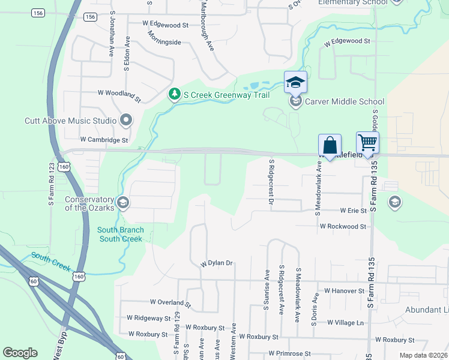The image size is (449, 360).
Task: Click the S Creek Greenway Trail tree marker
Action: coord(174,94)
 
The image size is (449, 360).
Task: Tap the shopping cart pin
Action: coord(367,143)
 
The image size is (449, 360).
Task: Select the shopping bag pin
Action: coord(330,145)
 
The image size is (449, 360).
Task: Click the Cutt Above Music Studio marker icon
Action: coord(126,121)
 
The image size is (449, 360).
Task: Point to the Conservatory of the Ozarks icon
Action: coord(123,202)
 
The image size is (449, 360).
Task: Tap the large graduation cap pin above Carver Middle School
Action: coord(295,82)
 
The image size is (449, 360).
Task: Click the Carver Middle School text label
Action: coord(345,101)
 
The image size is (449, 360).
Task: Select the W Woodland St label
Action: coord(119,95)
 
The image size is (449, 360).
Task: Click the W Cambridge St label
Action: coord(104,140)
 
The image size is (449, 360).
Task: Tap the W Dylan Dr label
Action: coord(216,263)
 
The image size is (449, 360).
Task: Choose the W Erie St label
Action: coord(353,211)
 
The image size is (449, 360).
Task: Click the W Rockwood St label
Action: coord(343,226)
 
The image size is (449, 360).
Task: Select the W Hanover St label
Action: coord(344,290)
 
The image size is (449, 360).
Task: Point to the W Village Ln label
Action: coord(346,322)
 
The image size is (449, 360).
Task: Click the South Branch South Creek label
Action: coord(120,234)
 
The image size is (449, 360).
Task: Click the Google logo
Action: coord(20,353)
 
